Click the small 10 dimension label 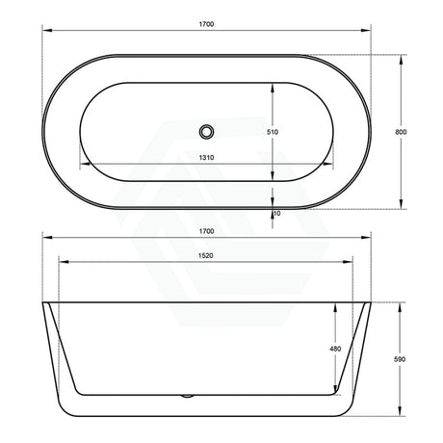[x=276, y=213]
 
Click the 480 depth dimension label [x=335, y=349]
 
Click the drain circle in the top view [x=206, y=131]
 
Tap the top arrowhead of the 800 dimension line [x=400, y=56]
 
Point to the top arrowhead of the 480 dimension [x=344, y=305]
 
